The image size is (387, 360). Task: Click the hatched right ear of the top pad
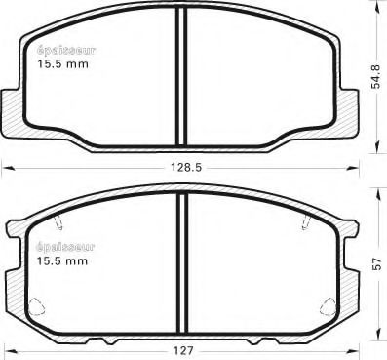tap(348, 107)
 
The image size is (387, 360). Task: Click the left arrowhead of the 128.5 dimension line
tap(5, 168)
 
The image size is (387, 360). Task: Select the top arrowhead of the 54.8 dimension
tap(376, 6)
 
